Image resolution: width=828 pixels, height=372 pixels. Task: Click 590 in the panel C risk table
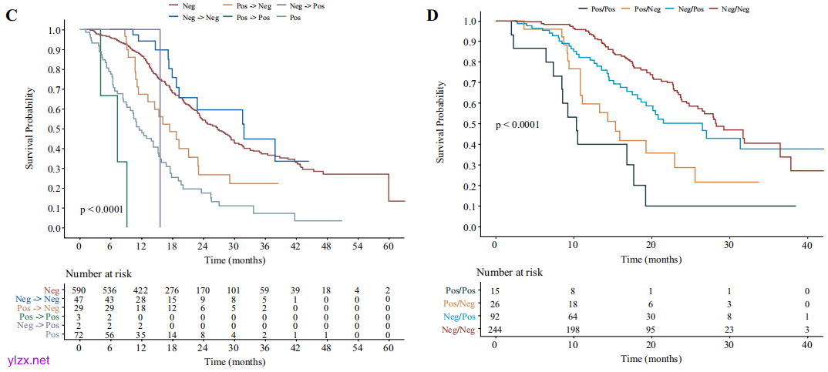click(x=79, y=290)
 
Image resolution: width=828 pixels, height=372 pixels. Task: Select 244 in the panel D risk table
click(x=494, y=329)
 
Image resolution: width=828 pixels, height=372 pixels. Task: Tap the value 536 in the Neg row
click(x=110, y=290)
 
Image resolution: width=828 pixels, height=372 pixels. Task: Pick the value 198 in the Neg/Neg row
click(x=572, y=329)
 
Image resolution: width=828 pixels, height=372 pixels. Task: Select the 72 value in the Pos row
click(x=79, y=336)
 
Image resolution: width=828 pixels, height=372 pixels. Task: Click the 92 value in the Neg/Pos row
click(x=494, y=317)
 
